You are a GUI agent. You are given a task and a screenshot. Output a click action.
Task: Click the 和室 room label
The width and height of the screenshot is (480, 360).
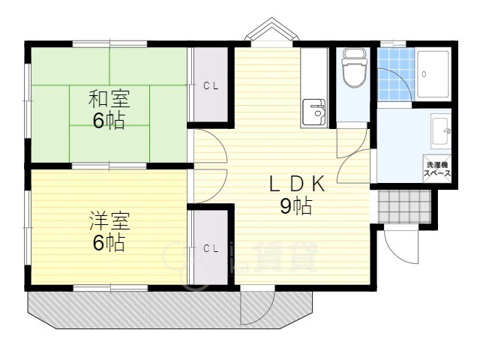tap(109, 98)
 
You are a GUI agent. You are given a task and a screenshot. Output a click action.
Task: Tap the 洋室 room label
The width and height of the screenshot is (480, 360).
tap(109, 221)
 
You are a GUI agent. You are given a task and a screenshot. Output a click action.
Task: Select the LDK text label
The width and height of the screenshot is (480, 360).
tap(297, 184)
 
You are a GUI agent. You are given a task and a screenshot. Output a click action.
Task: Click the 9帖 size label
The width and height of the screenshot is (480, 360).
tap(296, 206)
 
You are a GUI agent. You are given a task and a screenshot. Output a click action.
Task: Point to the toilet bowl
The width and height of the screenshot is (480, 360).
tap(354, 68)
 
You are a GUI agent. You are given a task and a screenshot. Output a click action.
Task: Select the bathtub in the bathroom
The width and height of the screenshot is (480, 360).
tap(433, 74)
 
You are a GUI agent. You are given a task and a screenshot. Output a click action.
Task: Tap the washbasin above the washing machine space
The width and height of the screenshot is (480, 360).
tap(441, 130)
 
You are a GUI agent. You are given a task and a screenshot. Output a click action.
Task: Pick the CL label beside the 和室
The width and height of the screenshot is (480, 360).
tap(211, 86)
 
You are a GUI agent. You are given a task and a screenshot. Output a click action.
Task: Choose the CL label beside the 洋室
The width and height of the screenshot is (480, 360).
tap(211, 248)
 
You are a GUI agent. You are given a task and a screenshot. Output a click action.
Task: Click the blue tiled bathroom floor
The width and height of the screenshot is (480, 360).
tap(395, 74)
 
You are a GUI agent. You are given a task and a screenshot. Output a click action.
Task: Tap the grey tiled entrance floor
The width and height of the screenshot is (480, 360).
tap(404, 207)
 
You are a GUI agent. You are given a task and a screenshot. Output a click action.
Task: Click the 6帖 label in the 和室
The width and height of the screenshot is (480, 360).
tap(109, 121)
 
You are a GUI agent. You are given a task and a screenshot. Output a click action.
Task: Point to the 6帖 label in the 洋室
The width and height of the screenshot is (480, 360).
tap(109, 243)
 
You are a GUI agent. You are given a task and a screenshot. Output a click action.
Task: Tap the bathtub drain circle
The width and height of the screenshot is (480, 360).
tap(424, 74)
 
